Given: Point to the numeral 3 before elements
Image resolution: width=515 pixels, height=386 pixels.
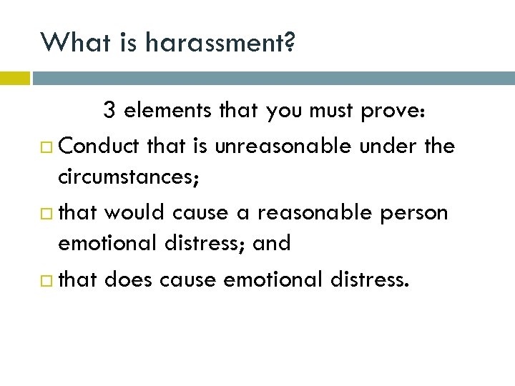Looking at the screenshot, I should click(109, 111).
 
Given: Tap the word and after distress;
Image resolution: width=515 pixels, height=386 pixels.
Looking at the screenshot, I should click(272, 243).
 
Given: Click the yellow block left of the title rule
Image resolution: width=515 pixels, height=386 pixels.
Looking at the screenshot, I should click(14, 78).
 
